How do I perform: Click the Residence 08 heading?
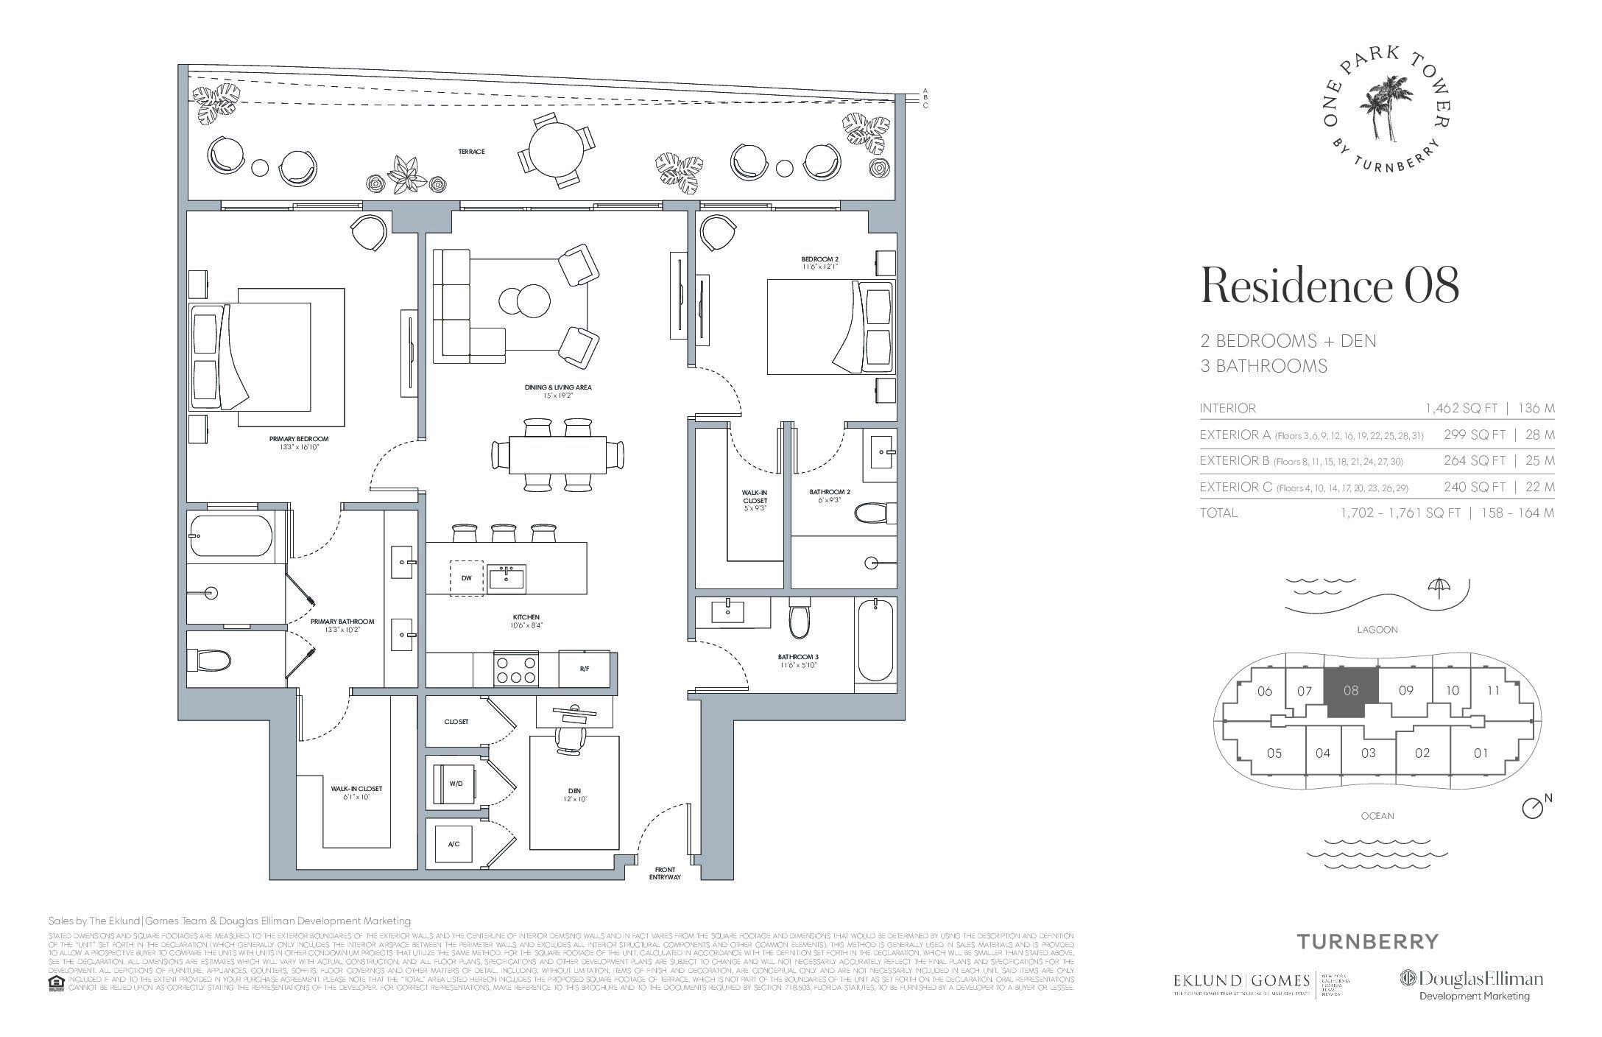click(x=1330, y=287)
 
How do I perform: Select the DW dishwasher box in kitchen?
click(x=466, y=579)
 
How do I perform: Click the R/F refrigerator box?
click(x=584, y=669)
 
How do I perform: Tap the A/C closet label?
click(x=454, y=844)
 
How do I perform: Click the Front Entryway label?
click(x=665, y=873)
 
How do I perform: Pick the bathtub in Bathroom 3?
click(x=875, y=639)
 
